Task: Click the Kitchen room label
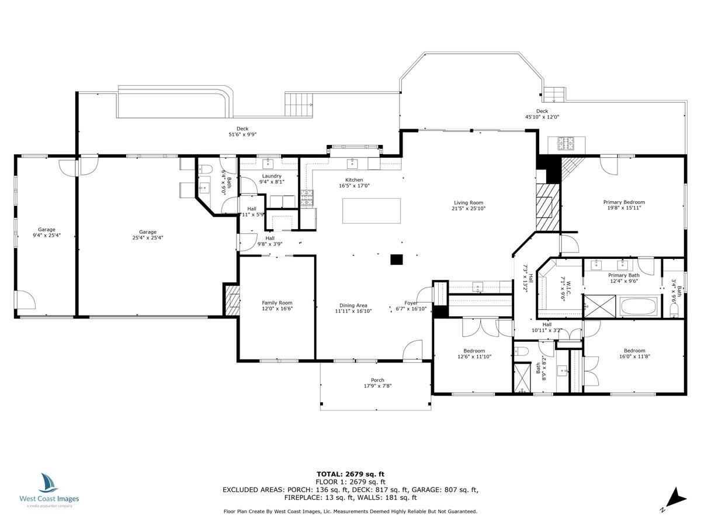(x=354, y=180)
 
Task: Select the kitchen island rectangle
(x=372, y=210)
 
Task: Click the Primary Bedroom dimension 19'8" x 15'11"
(x=624, y=207)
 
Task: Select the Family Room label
(x=277, y=303)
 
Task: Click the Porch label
(x=377, y=380)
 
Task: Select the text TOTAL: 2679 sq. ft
(x=350, y=474)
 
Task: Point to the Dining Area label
(x=353, y=305)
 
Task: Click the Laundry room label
(x=272, y=176)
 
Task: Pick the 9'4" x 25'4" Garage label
(x=47, y=230)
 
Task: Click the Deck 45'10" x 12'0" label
(x=542, y=111)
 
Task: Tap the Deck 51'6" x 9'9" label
(x=242, y=129)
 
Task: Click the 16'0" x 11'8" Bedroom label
(x=634, y=351)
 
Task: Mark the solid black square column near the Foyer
(x=397, y=259)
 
